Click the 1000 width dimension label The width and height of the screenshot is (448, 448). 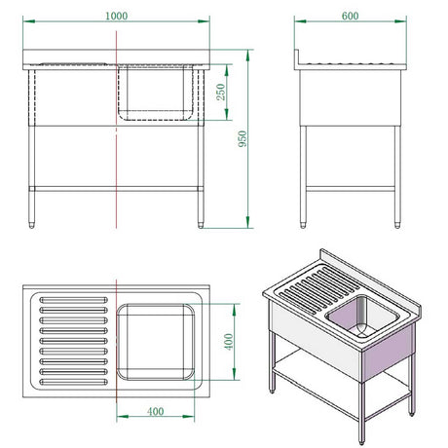(116, 16)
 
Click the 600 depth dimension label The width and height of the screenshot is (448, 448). (350, 16)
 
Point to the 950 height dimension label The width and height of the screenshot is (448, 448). (243, 138)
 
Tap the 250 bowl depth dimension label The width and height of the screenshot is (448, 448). (221, 92)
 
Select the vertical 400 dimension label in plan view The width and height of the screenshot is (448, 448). (229, 342)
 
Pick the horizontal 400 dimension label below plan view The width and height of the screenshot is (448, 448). (155, 412)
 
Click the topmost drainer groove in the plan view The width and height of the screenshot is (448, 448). (73, 300)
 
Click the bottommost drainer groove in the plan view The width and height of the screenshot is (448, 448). (73, 382)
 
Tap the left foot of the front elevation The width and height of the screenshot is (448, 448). (31, 225)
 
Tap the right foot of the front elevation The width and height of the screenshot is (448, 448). (201, 225)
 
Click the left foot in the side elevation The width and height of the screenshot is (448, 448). (303, 225)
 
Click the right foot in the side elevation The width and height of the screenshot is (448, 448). (397, 225)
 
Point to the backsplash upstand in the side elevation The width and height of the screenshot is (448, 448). (297, 57)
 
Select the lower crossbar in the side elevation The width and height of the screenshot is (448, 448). (351, 189)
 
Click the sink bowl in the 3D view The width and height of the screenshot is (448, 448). (362, 317)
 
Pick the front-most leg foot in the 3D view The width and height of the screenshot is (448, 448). (361, 441)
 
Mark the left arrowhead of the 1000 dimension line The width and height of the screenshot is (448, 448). (29, 21)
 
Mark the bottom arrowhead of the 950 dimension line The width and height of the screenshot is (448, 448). (248, 222)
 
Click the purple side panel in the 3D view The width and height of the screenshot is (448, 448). (388, 353)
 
